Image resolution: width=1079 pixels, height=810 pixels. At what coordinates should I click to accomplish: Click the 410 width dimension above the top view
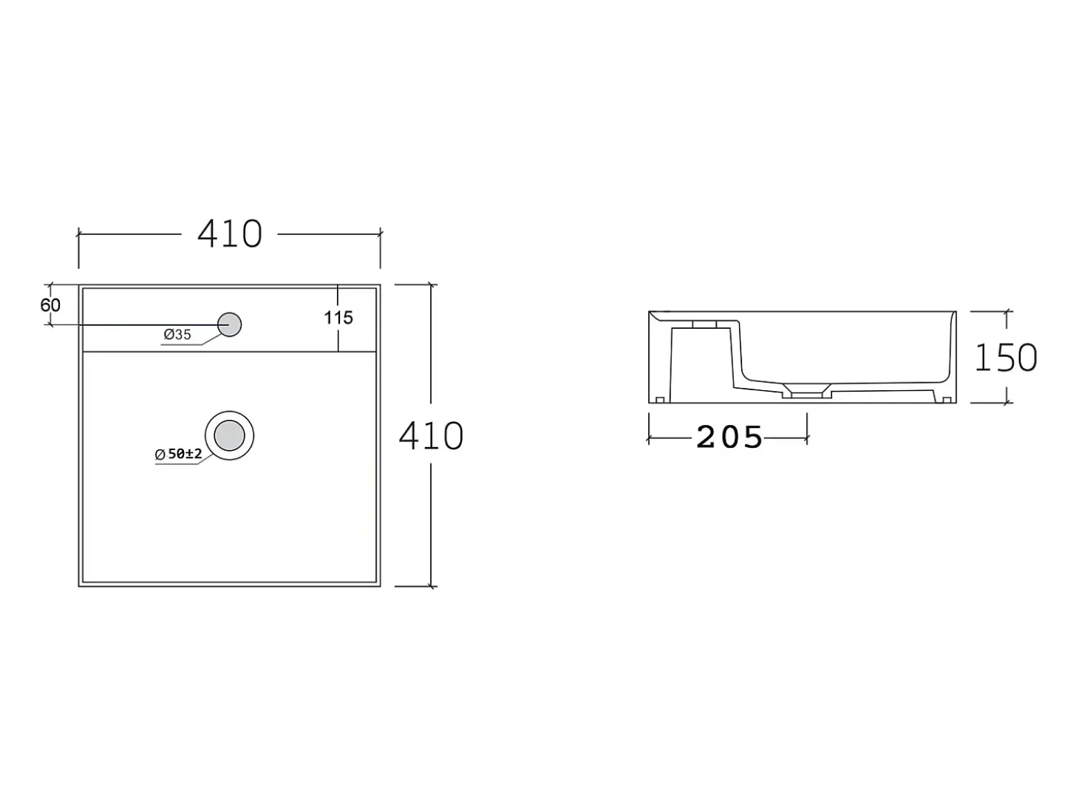(230, 234)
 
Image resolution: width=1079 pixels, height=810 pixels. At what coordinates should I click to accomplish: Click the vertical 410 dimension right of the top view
(431, 435)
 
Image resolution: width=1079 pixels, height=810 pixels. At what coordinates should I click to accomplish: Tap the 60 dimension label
(50, 305)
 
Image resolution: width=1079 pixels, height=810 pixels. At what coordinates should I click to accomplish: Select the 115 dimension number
(338, 318)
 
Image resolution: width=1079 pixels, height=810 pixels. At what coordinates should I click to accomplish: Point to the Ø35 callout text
(177, 335)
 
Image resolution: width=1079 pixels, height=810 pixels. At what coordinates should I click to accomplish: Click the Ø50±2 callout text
(178, 454)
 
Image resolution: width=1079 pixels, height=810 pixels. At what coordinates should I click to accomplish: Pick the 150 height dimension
(1006, 357)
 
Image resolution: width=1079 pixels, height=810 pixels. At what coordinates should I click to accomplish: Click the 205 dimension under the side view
(729, 437)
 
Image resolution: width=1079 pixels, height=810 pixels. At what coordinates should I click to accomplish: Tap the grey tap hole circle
(230, 324)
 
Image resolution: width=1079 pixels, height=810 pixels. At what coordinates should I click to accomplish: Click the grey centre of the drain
(230, 435)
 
